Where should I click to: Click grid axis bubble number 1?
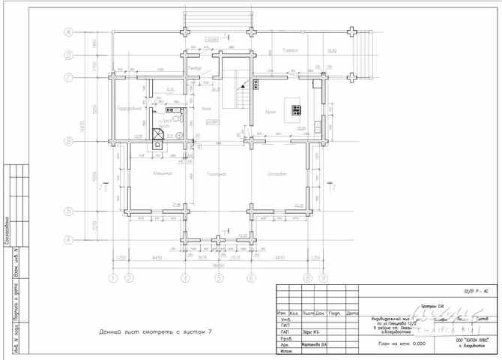113,278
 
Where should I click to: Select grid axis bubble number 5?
218,278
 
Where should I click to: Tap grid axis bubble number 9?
323,278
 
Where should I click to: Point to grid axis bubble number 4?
184,278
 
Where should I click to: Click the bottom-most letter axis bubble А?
67,240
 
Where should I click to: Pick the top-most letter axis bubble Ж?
67,32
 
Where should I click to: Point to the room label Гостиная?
217,173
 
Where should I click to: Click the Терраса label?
291,49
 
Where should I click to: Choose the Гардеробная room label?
130,108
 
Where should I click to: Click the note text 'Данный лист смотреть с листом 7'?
155,331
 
